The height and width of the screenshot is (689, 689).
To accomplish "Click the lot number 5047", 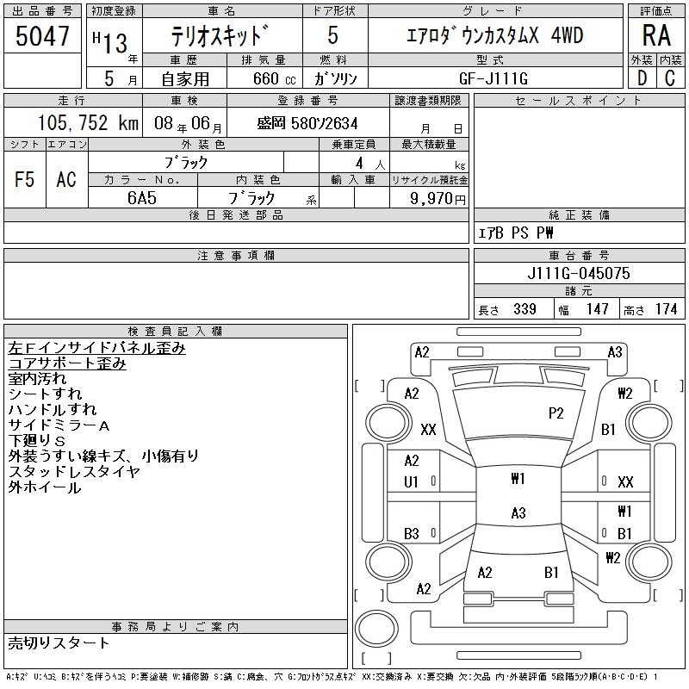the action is pyautogui.click(x=42, y=35).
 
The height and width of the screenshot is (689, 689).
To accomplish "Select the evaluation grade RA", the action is pyautogui.click(x=656, y=35).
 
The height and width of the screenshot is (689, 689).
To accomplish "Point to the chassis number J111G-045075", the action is pyautogui.click(x=578, y=274).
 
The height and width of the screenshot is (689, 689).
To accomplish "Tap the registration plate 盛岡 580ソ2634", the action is pyautogui.click(x=307, y=124).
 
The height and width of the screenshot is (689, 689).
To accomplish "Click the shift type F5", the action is pyautogui.click(x=25, y=179).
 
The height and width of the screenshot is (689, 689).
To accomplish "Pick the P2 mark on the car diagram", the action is pyautogui.click(x=556, y=413).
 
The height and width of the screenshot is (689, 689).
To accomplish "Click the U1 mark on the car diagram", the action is pyautogui.click(x=411, y=482).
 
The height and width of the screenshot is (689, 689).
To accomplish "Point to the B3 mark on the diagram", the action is pyautogui.click(x=411, y=534).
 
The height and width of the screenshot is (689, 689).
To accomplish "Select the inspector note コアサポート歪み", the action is pyautogui.click(x=68, y=363).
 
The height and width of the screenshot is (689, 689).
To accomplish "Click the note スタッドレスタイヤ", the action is pyautogui.click(x=74, y=472).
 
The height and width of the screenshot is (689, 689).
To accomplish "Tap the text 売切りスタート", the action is pyautogui.click(x=59, y=642).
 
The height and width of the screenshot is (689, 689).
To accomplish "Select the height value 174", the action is pyautogui.click(x=666, y=309).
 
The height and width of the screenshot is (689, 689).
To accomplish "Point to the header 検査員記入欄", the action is pyautogui.click(x=175, y=332).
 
